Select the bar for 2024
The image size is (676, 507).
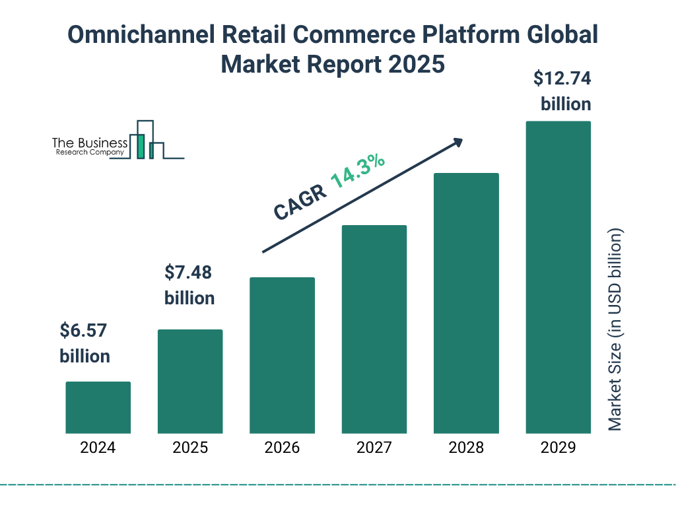coord(98,407)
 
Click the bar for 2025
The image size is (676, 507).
coord(190,382)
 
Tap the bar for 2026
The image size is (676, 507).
coord(282,355)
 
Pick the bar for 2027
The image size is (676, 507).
coord(374,329)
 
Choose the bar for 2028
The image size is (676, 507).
coord(466,304)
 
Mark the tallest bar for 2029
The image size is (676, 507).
coord(558,277)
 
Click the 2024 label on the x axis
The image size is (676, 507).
coord(98,448)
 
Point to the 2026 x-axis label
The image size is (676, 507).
coord(282,448)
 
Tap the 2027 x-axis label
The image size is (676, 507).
coord(374,448)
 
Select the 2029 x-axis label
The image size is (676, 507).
coord(558,448)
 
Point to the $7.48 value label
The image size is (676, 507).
coord(189,271)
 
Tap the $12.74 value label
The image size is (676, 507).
coord(562,79)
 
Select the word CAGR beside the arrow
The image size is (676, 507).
coord(299,203)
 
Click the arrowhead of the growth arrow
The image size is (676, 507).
coord(457,142)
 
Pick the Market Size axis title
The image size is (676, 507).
coord(615,330)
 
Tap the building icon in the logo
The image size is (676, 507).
coord(146,140)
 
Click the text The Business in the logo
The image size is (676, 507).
coord(90,143)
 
